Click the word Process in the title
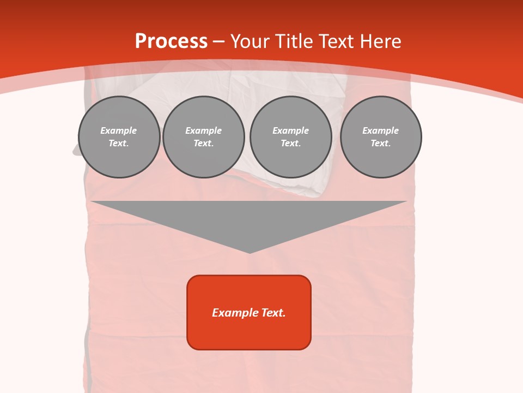[171, 41]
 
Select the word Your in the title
[250, 41]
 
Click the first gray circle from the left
[119, 137]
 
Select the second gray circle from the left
[204, 137]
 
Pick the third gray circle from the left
[290, 137]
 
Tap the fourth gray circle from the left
[381, 137]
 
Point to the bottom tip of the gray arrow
[250, 252]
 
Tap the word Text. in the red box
[273, 313]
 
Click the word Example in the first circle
[119, 130]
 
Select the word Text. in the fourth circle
[381, 144]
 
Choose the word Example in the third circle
[290, 130]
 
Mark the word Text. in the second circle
[204, 144]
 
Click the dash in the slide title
[219, 42]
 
